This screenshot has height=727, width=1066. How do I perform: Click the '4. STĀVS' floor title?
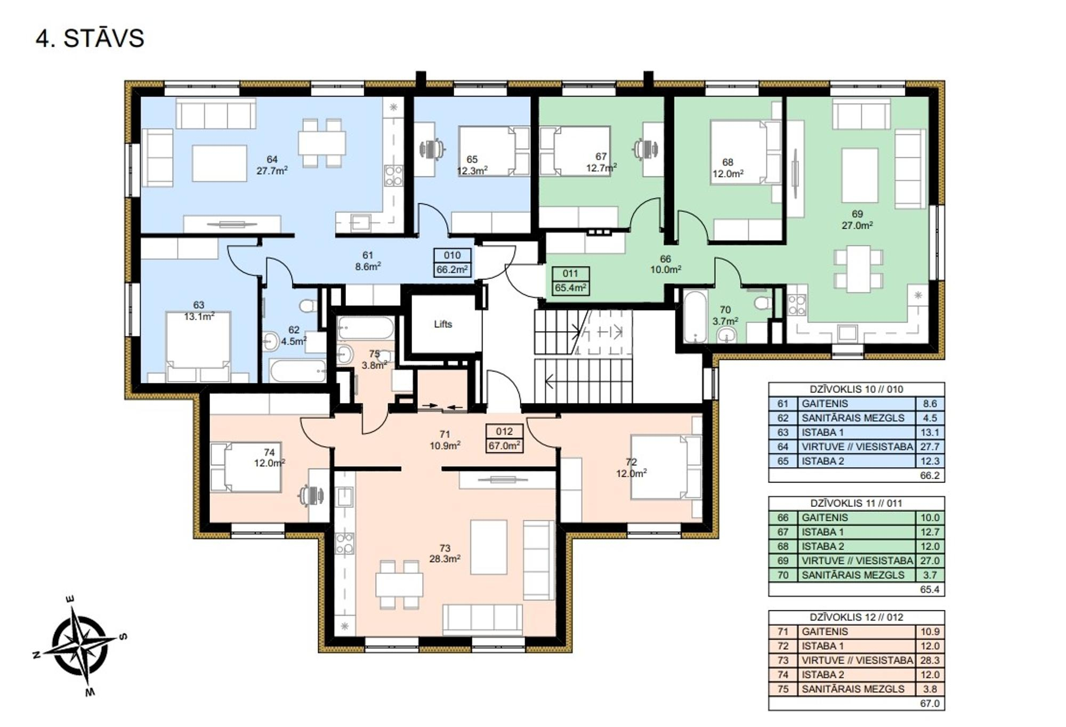pos(90,38)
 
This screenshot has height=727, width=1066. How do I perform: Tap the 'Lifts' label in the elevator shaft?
pos(443,324)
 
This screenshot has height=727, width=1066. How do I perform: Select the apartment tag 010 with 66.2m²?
pos(452,263)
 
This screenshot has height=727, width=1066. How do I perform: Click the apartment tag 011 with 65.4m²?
pos(570,281)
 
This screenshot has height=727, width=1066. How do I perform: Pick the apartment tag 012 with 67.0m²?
pos(504,439)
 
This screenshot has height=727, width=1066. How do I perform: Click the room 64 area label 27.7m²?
pos(272,171)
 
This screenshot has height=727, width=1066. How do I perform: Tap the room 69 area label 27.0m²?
pos(857,225)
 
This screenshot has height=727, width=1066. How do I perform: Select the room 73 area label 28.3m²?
pos(445,559)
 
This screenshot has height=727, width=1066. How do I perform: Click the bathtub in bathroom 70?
pos(695,316)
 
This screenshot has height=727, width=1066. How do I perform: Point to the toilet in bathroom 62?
pos(308,306)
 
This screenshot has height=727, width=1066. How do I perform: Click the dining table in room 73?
pos(399,584)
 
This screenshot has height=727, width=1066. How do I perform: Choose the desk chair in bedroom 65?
pos(432,149)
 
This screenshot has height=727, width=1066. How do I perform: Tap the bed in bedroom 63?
pos(198,347)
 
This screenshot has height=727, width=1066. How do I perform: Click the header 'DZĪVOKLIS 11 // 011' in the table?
pos(856,503)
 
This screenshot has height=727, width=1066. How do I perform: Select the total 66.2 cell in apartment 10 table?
pos(930,475)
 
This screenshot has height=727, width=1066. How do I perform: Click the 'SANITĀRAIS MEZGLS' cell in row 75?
pos(853,689)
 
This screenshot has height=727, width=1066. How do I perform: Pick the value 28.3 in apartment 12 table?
pos(930,660)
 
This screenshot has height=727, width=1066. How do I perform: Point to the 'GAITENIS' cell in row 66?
pos(825,518)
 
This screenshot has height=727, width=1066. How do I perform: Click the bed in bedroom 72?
pos(666,467)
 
